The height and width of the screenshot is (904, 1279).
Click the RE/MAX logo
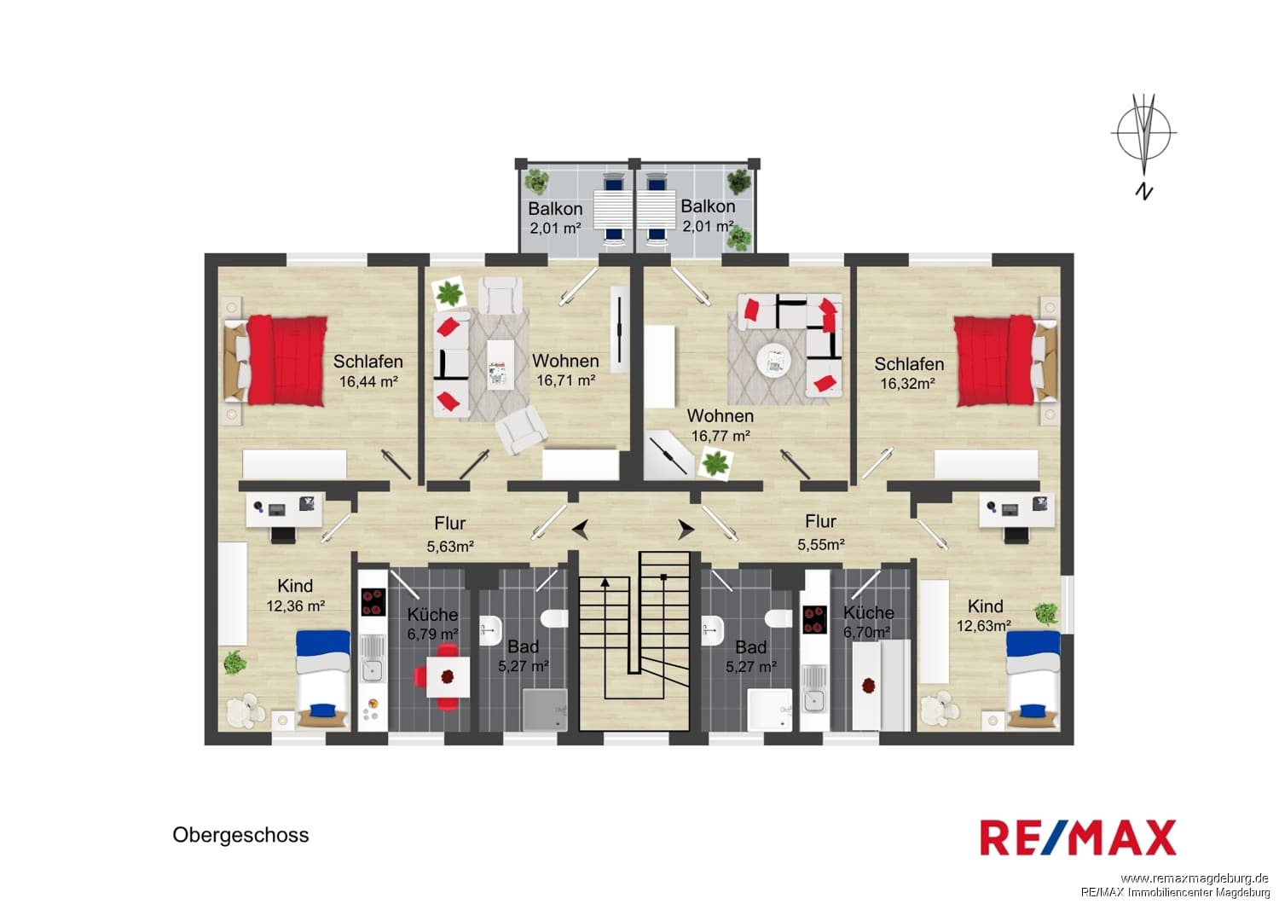point(1078,837)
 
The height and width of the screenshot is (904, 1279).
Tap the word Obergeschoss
point(240,835)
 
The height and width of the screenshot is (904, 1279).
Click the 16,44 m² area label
point(368,381)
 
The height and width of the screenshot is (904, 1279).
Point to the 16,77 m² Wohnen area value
point(720,436)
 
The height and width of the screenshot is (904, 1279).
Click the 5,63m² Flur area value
point(450,547)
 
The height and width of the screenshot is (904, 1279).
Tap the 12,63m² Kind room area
point(984,626)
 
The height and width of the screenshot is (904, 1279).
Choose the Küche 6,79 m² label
point(432,623)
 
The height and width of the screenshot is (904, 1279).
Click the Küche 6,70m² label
point(868,622)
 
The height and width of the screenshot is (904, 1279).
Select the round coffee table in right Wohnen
point(773,361)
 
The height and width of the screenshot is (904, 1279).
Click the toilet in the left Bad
point(554,618)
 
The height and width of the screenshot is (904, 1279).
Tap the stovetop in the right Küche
point(815,620)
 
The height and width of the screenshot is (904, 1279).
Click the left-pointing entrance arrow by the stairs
point(581,530)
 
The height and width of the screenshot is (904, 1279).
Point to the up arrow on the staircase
point(605,582)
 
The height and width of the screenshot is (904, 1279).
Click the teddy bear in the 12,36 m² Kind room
point(246,710)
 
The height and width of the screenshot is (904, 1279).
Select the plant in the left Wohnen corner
point(449,293)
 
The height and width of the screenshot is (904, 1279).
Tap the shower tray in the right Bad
point(770,710)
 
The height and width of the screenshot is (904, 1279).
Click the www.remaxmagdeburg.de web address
point(1195,878)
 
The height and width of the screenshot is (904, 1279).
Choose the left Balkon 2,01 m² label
point(555,218)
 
